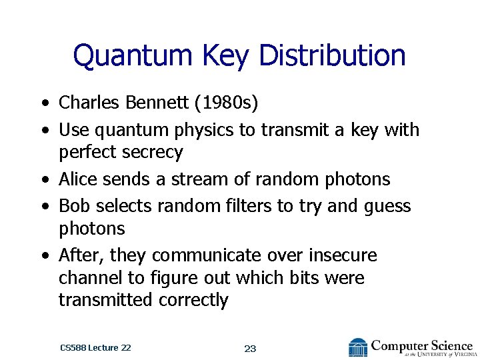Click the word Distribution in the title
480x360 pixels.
pyautogui.click(x=332, y=55)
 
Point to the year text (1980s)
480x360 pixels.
pyautogui.click(x=230, y=103)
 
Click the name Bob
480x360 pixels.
pyautogui.click(x=74, y=205)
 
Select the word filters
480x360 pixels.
pyautogui.click(x=246, y=205)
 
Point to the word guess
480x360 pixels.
pyautogui.click(x=387, y=207)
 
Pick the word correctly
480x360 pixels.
pyautogui.click(x=193, y=301)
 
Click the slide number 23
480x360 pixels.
pyautogui.click(x=251, y=348)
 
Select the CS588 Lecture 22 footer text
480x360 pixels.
pyautogui.click(x=95, y=348)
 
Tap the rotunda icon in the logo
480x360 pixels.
pyautogui.click(x=358, y=348)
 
